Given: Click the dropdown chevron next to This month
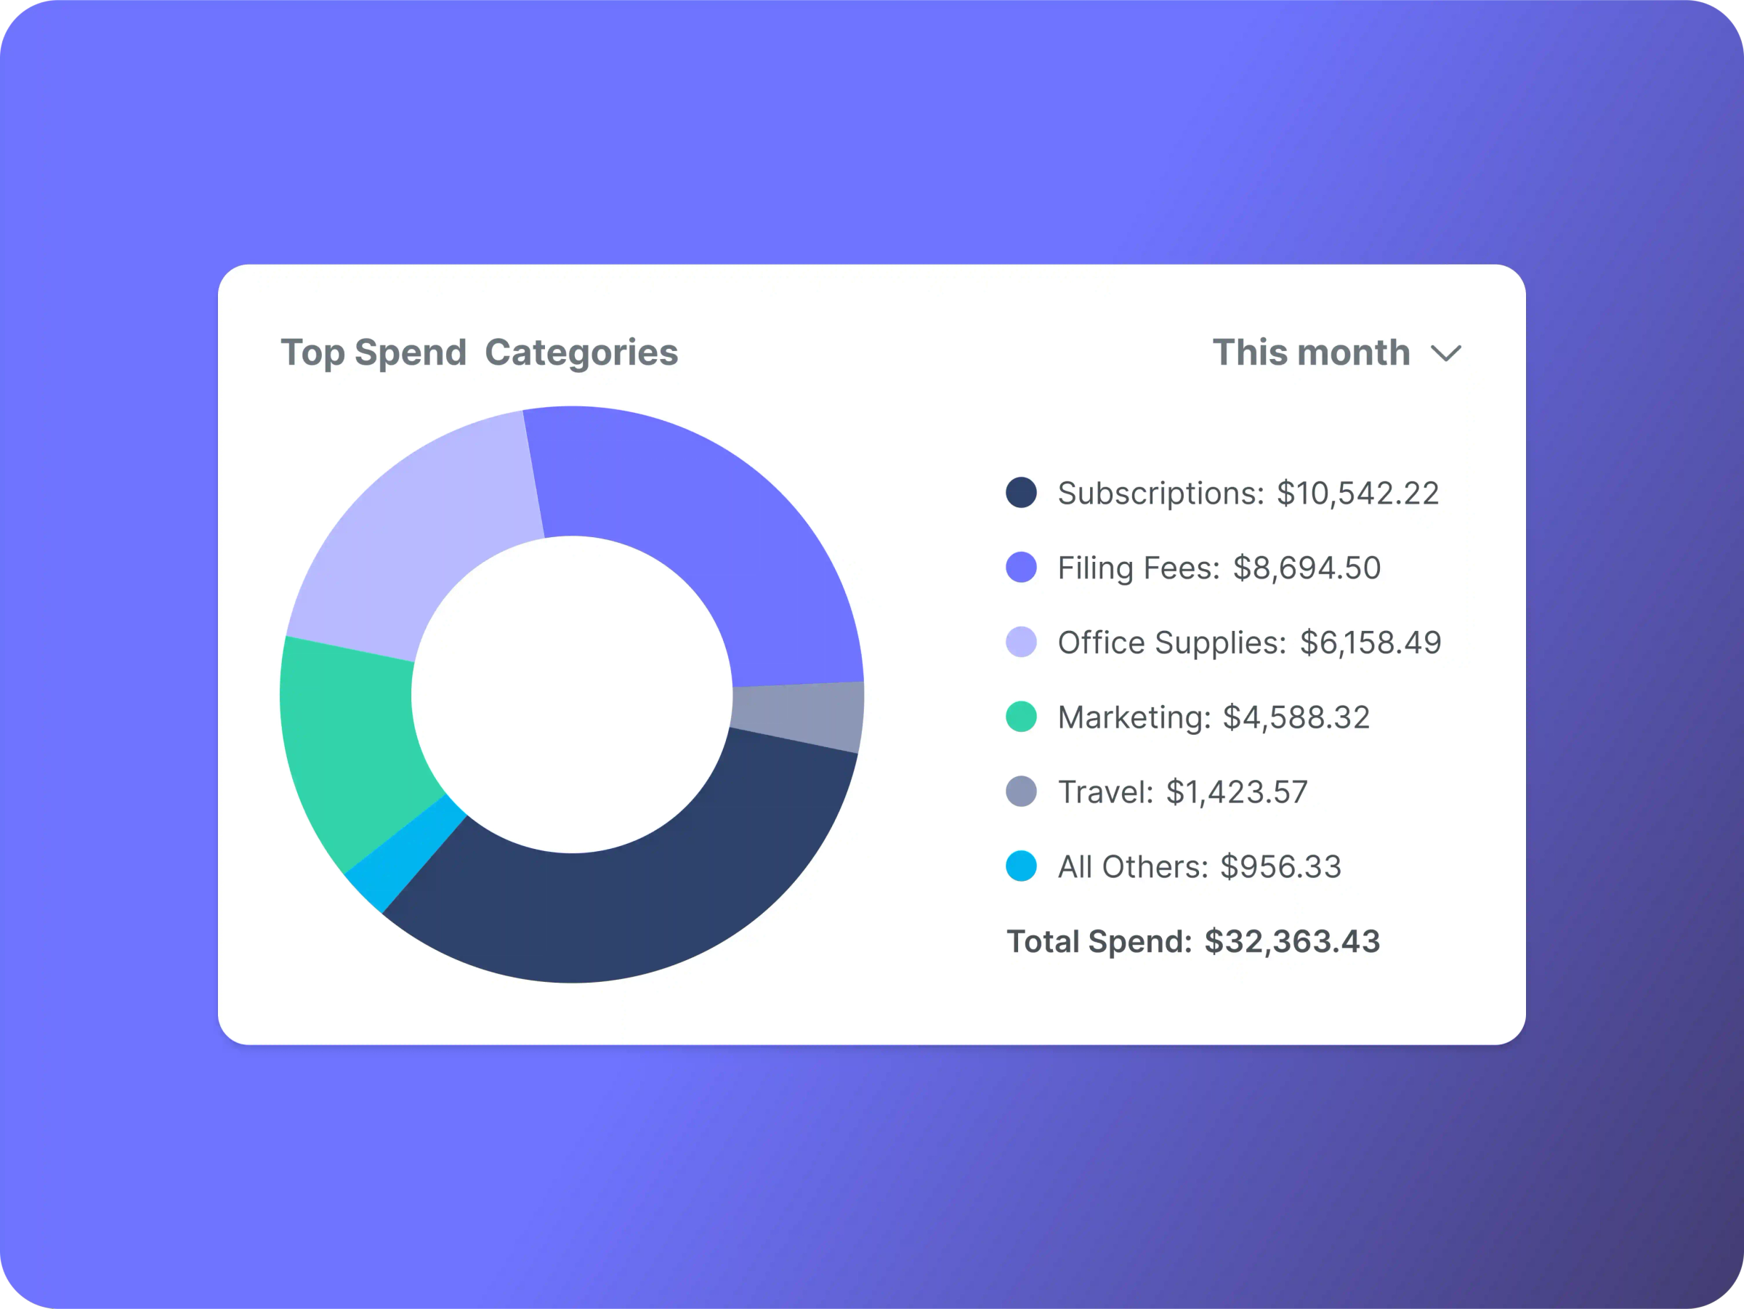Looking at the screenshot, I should pos(1446,353).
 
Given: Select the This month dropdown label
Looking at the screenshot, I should pos(1310,353).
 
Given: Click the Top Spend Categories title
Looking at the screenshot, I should pos(480,353).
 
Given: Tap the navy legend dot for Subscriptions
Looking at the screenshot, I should pos(1021,493).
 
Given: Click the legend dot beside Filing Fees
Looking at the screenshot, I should pos(1021,568).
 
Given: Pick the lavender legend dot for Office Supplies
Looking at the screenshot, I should pos(1021,642).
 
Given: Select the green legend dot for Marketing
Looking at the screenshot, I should pos(1021,717).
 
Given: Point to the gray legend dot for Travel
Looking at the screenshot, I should pos(1021,792).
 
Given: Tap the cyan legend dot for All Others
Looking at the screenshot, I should pos(1021,866).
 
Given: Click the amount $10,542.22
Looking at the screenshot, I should pos(1357,494).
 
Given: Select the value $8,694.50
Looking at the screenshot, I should pos(1307,568).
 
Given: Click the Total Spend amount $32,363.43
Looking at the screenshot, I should pos(1292,941).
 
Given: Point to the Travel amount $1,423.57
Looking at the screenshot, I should pos(1236,792).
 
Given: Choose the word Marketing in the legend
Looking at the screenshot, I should pos(1134,717).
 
